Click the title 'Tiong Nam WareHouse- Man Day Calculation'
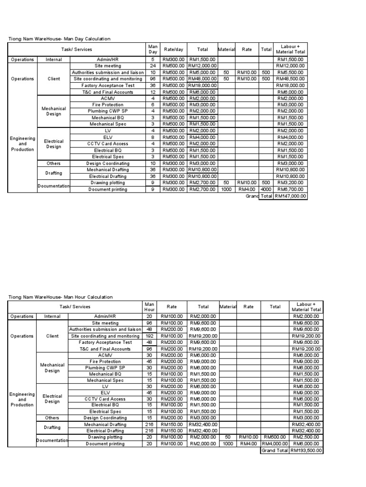pyautogui.click(x=60, y=39)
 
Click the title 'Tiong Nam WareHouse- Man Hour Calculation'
pyautogui.click(x=61, y=297)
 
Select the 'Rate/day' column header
pyautogui.click(x=173, y=49)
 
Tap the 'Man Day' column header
pyautogui.click(x=152, y=49)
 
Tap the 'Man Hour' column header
pyautogui.click(x=149, y=307)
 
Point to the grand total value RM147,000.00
pyautogui.click(x=290, y=195)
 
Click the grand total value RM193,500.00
pyautogui.click(x=306, y=450)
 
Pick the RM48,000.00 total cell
pyautogui.click(x=202, y=79)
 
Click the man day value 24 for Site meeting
pyautogui.click(x=152, y=66)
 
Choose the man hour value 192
pyautogui.click(x=149, y=336)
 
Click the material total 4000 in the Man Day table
pyautogui.click(x=265, y=189)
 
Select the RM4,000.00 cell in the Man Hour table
pyautogui.click(x=275, y=444)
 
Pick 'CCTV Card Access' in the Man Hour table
pyautogui.click(x=105, y=399)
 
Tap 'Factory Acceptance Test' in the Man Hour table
pyautogui.click(x=105, y=342)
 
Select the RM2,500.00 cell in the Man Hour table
pyautogui.click(x=306, y=437)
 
